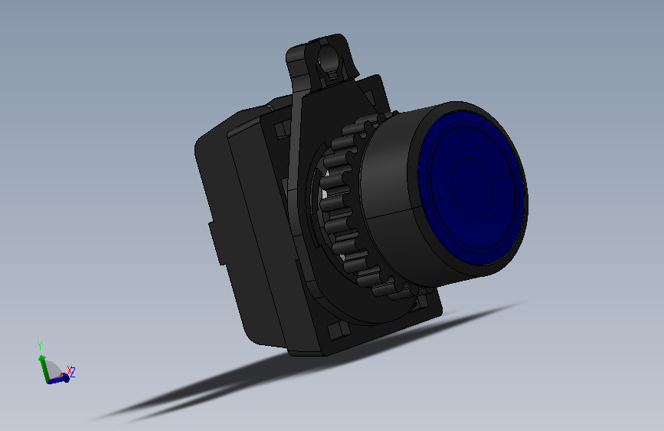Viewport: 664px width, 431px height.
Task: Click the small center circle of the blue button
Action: pos(472,188)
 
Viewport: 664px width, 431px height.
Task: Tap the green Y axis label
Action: pos(40,345)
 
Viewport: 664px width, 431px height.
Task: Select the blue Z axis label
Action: pos(73,372)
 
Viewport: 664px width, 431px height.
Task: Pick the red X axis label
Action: pos(70,370)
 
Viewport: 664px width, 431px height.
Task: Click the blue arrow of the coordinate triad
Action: pos(58,380)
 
